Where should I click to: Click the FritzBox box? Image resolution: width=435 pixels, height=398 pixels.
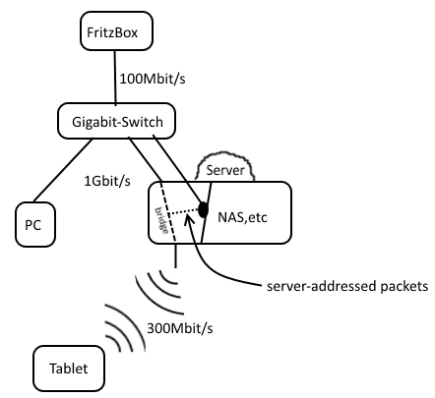click(x=116, y=31)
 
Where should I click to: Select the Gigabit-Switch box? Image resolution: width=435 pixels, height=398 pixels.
click(x=116, y=121)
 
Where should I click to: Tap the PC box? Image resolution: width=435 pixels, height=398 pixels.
click(x=35, y=224)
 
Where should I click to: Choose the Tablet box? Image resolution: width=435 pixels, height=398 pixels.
click(x=69, y=369)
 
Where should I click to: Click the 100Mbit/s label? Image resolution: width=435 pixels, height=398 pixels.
click(x=153, y=79)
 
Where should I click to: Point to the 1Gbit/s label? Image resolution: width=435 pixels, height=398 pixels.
click(x=107, y=181)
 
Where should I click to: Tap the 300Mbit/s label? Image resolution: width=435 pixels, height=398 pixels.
click(x=180, y=328)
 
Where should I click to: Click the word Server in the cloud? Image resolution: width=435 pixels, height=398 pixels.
click(x=225, y=170)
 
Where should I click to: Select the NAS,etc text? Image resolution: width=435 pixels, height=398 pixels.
click(x=242, y=217)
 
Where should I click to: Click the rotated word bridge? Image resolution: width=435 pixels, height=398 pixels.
click(x=162, y=220)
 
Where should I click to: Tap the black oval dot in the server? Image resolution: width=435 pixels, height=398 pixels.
click(x=204, y=209)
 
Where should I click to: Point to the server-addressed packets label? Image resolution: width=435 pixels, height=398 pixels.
click(x=347, y=286)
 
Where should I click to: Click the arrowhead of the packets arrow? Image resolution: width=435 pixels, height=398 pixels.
click(x=188, y=217)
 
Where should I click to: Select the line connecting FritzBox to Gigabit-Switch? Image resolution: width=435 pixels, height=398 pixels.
click(x=115, y=78)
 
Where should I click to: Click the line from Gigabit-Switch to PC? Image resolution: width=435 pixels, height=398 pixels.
click(x=63, y=170)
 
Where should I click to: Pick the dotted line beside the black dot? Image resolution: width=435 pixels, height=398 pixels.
click(x=184, y=212)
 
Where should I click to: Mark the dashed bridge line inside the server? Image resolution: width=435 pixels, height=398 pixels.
click(x=167, y=212)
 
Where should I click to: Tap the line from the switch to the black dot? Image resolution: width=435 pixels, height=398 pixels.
click(x=178, y=170)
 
